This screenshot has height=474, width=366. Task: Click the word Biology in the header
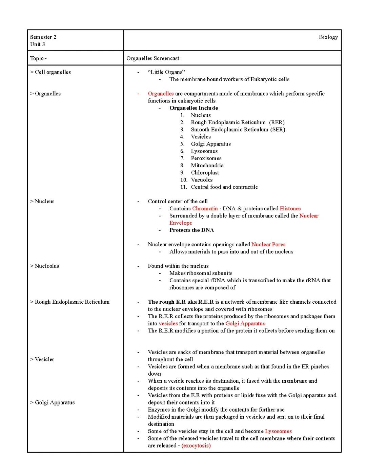(328, 37)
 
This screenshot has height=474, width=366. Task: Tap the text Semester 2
(43, 37)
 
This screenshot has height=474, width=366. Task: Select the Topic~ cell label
(39, 58)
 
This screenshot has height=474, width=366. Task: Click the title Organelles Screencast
(153, 58)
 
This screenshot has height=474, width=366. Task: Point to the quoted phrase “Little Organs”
(166, 72)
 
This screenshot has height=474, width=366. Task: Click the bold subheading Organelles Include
(194, 108)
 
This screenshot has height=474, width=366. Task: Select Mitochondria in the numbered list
(207, 165)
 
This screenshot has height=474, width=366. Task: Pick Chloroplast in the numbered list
(205, 172)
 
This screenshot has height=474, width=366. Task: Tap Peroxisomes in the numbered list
(206, 158)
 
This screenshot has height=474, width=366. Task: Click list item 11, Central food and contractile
(224, 187)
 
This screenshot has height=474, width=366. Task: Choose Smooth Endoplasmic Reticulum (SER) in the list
(238, 129)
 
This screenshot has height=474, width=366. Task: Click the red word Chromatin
(205, 208)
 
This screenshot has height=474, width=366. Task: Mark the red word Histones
(290, 208)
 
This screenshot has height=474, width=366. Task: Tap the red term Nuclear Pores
(268, 244)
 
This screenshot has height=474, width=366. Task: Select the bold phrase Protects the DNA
(191, 230)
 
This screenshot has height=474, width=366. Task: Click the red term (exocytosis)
(196, 445)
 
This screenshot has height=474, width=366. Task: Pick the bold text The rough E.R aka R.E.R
(181, 302)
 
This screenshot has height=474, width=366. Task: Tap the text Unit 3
(37, 44)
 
